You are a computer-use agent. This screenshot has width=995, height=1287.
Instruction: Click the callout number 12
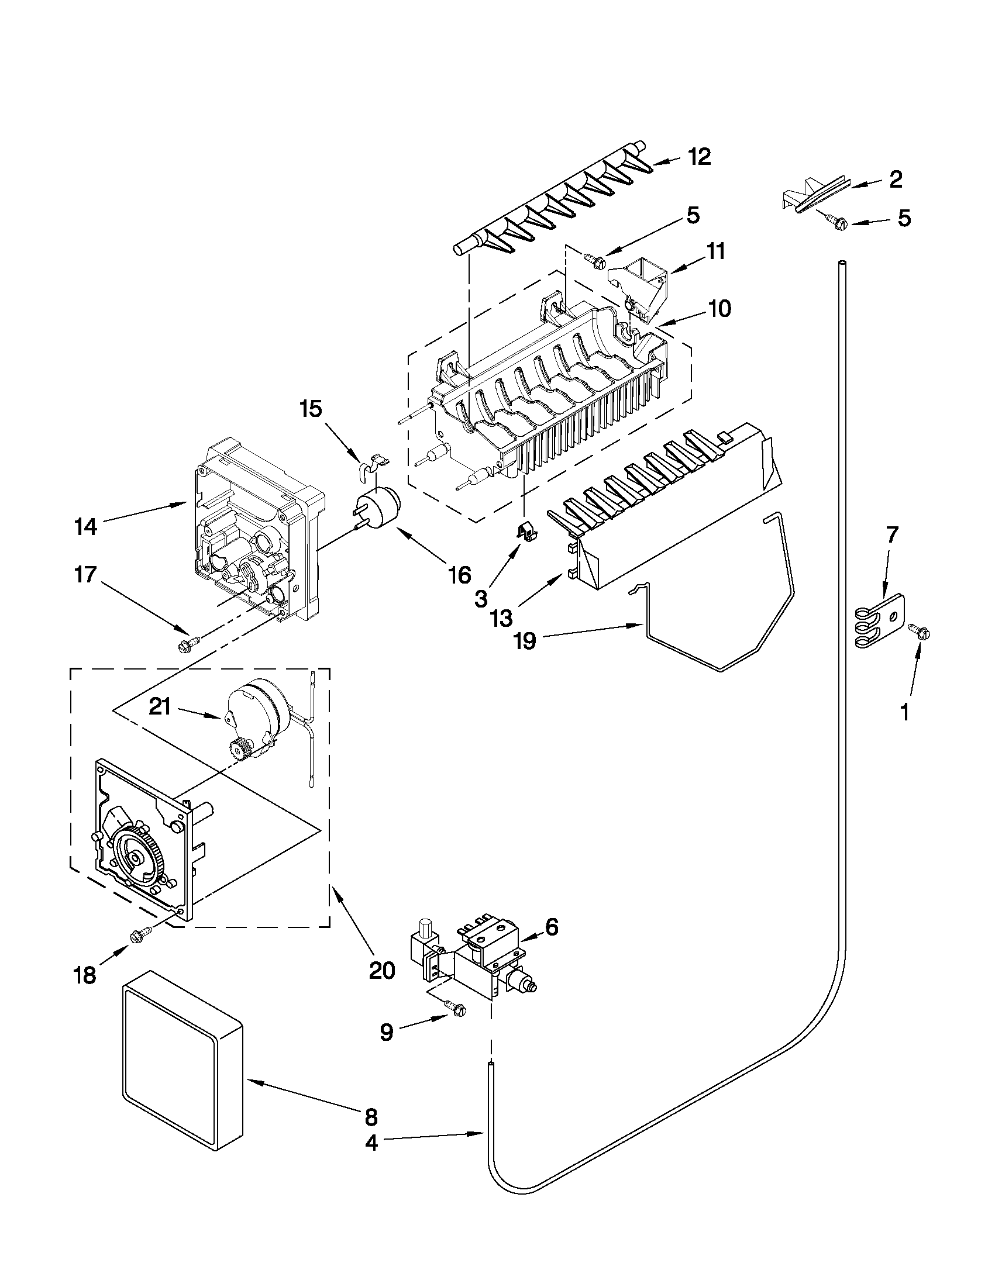[x=699, y=157]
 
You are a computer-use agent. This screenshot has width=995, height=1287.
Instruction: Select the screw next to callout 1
[x=920, y=631]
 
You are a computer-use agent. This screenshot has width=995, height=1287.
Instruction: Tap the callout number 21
[x=160, y=706]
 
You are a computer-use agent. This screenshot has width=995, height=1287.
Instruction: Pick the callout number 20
[x=381, y=970]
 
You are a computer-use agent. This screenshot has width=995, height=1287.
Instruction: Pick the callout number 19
[x=525, y=640]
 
